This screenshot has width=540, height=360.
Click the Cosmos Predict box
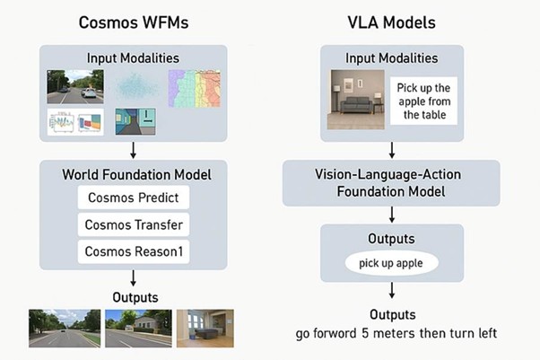click(134, 198)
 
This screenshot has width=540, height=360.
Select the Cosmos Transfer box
click(134, 224)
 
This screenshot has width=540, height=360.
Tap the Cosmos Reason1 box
click(134, 251)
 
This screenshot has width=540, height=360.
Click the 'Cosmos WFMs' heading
click(134, 22)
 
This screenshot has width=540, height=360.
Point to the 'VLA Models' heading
click(392, 22)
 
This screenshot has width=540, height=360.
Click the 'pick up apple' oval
click(392, 263)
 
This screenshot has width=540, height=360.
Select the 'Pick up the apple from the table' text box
click(423, 101)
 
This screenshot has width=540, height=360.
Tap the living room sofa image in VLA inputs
click(356, 100)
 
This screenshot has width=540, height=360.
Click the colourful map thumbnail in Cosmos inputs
click(195, 89)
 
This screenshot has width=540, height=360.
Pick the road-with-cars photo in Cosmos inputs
click(75, 86)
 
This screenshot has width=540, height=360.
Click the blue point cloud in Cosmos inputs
click(136, 87)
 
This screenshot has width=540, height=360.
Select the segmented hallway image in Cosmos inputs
click(135, 121)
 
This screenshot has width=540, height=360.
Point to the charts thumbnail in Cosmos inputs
click(75, 122)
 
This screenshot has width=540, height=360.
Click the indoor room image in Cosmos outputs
click(205, 329)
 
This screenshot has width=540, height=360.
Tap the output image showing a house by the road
click(138, 329)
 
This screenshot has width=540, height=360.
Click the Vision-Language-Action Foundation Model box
click(391, 183)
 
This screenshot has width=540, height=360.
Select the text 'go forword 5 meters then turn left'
click(396, 333)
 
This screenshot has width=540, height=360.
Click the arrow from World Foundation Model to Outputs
click(134, 278)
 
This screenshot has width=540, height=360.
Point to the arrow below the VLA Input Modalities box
click(392, 150)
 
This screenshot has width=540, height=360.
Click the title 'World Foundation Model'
click(136, 174)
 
